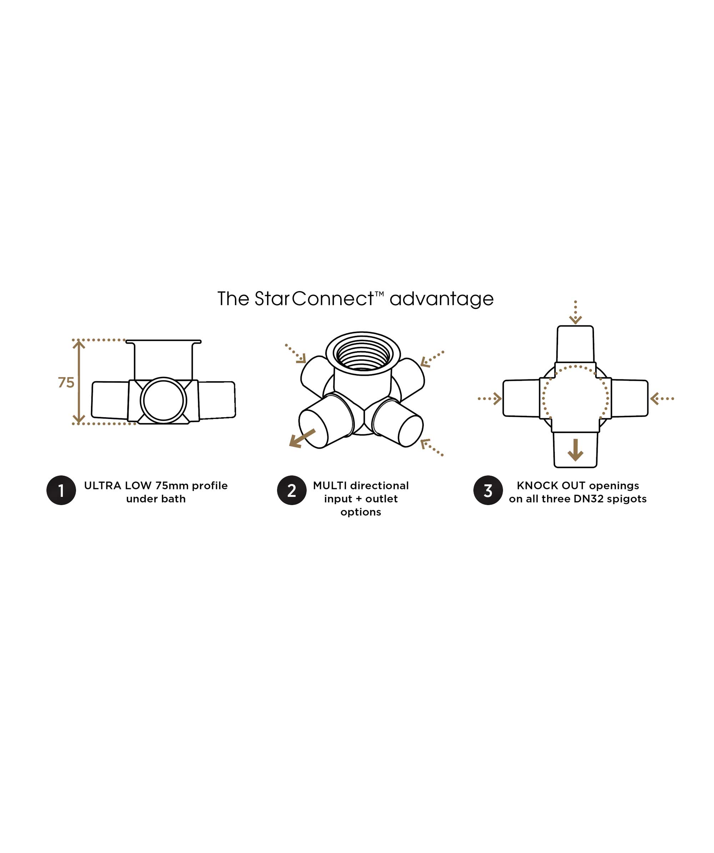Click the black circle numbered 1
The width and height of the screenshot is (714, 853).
[61, 490]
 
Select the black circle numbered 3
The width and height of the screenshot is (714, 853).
[488, 490]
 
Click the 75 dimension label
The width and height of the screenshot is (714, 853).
[66, 383]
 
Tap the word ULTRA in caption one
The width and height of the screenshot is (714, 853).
[102, 486]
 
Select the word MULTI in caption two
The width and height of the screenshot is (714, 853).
[330, 486]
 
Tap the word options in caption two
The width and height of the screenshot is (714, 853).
[361, 513]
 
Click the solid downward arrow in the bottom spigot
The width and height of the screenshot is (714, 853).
[575, 450]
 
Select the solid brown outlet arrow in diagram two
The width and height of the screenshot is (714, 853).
[302, 439]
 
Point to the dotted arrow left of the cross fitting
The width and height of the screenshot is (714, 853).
[490, 399]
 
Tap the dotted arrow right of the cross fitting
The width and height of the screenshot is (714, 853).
[662, 399]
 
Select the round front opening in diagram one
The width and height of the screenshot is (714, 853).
[163, 400]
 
